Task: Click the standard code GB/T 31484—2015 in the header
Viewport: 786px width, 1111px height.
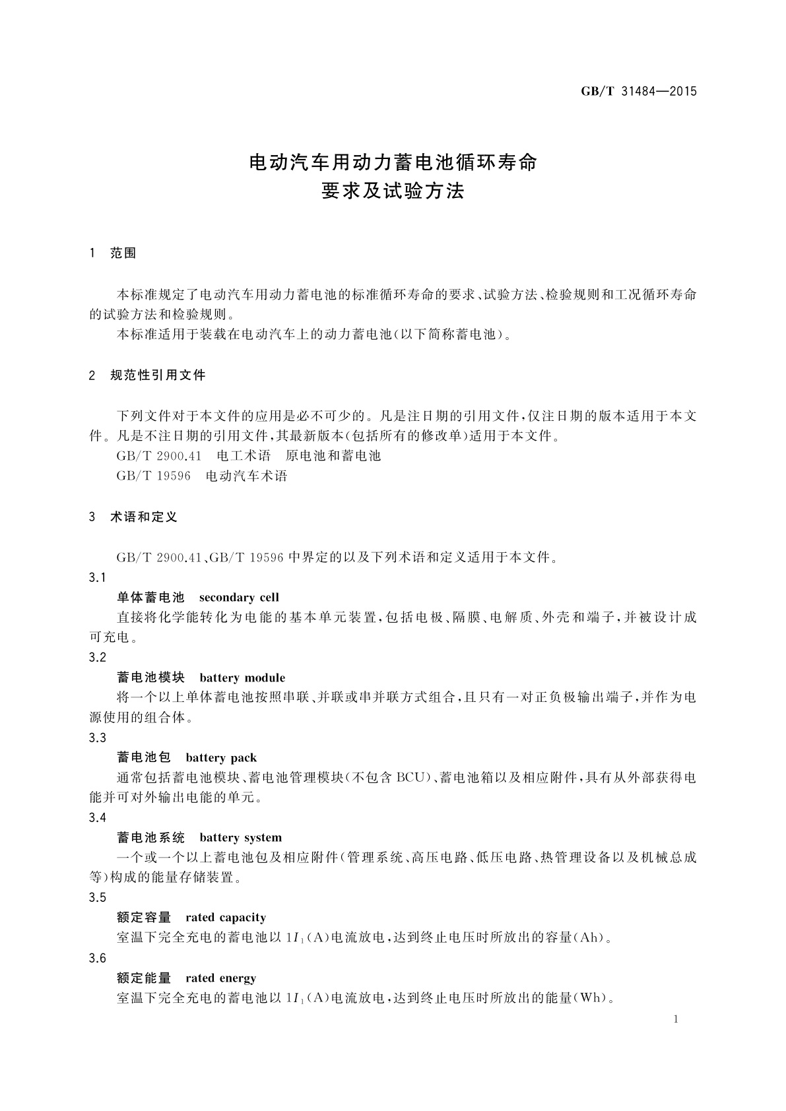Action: [638, 92]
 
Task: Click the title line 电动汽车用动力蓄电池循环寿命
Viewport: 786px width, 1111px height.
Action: [393, 162]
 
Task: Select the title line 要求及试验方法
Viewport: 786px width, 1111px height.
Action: [393, 191]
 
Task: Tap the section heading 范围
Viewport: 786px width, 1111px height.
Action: [123, 253]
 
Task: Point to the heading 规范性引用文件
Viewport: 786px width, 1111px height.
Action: [158, 375]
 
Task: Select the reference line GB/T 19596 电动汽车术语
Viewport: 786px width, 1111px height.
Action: [202, 476]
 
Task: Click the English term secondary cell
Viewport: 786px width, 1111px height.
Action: [239, 598]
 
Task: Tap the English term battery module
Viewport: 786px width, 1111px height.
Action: [242, 678]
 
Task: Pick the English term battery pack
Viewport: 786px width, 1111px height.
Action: [221, 758]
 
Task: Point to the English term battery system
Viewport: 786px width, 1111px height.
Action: [240, 838]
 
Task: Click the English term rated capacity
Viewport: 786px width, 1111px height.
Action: [226, 918]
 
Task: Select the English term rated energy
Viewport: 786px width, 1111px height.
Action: [220, 978]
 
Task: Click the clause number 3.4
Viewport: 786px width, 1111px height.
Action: [97, 818]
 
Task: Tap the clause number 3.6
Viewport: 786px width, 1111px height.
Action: [97, 959]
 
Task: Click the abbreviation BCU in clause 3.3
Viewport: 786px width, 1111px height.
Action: [412, 778]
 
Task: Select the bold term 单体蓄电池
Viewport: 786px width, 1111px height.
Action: [150, 598]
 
